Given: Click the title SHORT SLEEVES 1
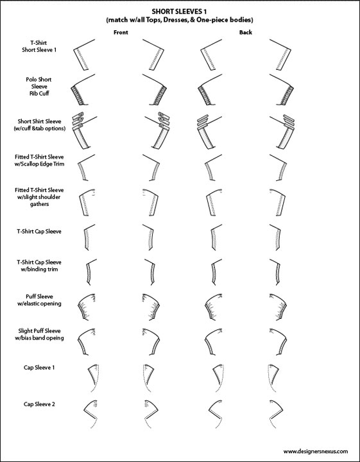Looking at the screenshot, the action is pyautogui.click(x=179, y=12).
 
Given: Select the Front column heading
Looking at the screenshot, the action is pyautogui.click(x=121, y=33).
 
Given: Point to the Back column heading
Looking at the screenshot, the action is pyautogui.click(x=246, y=33).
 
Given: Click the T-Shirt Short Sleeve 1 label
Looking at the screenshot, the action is pyautogui.click(x=39, y=46).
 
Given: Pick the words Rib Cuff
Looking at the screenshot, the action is pyautogui.click(x=39, y=94).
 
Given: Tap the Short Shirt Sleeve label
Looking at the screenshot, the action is pyautogui.click(x=40, y=121).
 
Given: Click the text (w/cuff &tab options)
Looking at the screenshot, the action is pyautogui.click(x=40, y=128).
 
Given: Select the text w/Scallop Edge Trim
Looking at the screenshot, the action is pyautogui.click(x=39, y=164).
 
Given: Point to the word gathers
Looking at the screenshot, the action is pyautogui.click(x=39, y=204).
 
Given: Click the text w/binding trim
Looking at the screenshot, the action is pyautogui.click(x=39, y=269).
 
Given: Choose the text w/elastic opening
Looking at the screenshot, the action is pyautogui.click(x=39, y=304).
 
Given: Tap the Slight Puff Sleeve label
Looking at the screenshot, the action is pyautogui.click(x=39, y=331).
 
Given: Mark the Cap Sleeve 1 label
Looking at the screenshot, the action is pyautogui.click(x=39, y=368).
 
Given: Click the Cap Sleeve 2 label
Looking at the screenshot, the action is pyautogui.click(x=39, y=404).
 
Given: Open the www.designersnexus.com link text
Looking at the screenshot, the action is pyautogui.click(x=316, y=451).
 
